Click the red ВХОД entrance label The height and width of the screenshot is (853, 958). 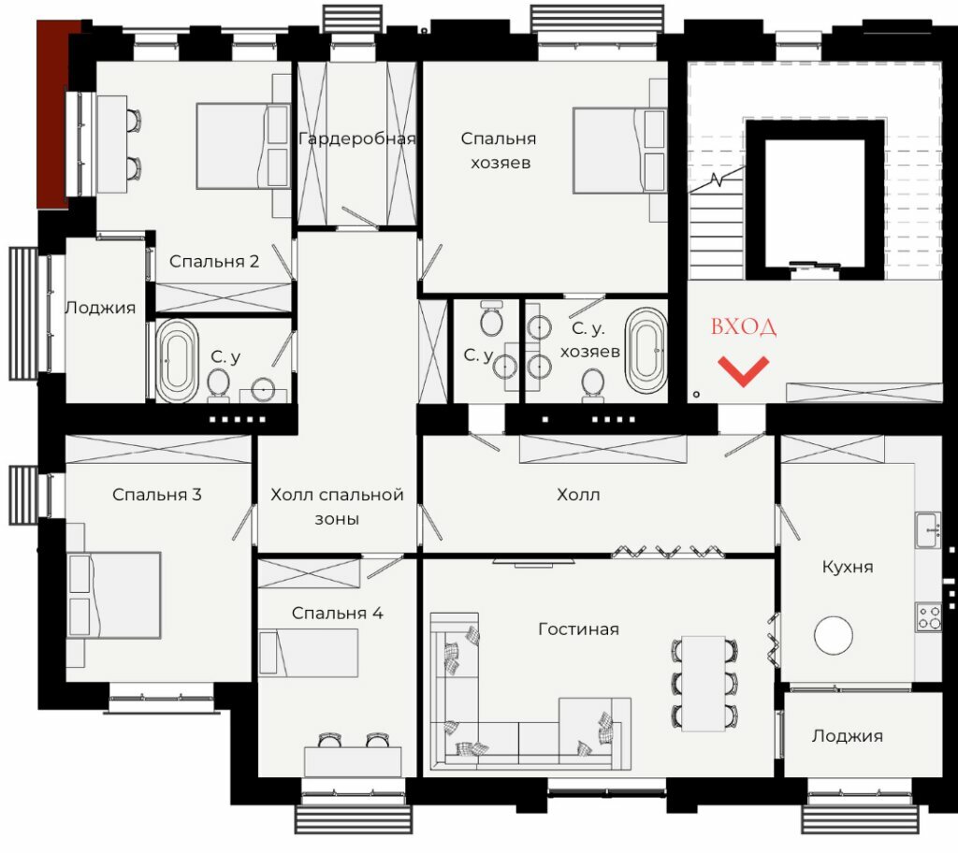744,327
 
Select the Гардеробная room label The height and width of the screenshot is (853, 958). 356,139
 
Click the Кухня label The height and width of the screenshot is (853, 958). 848,567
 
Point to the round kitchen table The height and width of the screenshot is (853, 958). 834,635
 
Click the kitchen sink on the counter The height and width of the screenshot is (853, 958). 928,529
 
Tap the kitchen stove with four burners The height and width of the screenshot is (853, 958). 928,617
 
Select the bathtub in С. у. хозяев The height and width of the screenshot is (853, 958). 646,350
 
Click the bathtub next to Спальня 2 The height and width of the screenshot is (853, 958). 177,360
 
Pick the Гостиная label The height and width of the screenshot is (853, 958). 578,629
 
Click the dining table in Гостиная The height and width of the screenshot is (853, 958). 704,683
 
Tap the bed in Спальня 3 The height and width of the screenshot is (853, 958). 113,595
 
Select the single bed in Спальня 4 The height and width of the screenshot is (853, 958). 308,653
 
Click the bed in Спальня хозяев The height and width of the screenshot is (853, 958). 619,151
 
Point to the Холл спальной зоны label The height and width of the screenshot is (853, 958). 337,507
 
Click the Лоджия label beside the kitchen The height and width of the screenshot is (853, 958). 848,736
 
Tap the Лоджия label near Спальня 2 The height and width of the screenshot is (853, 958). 100,308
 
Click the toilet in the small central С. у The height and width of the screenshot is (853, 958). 491,318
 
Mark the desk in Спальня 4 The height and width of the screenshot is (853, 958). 353,761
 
